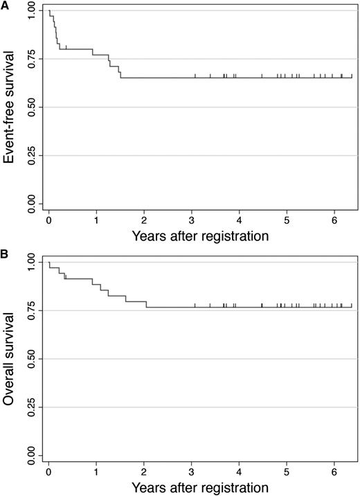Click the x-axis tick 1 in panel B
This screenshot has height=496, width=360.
point(96,472)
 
